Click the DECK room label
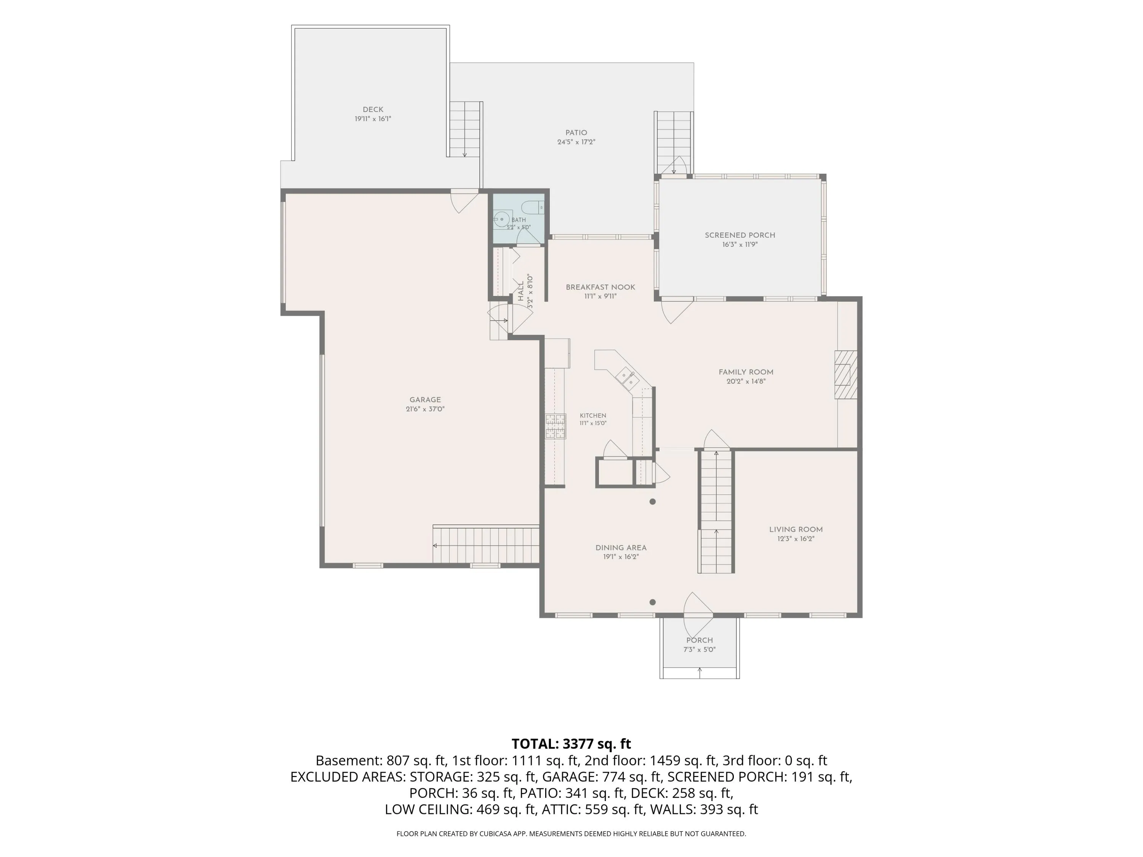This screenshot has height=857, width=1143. (373, 110)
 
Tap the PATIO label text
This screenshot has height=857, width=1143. (576, 133)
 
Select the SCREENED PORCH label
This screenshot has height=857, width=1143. (740, 235)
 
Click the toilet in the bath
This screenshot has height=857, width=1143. (533, 208)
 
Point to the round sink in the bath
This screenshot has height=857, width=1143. (502, 219)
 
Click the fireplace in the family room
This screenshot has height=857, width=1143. (846, 375)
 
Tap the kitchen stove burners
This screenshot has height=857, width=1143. (555, 426)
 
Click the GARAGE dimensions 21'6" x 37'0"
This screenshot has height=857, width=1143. (425, 409)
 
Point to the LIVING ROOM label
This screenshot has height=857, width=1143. (796, 529)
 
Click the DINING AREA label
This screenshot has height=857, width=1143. (621, 548)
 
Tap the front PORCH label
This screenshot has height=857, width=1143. (700, 640)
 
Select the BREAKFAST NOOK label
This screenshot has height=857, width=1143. (600, 287)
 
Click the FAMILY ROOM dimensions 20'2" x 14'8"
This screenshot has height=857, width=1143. (746, 382)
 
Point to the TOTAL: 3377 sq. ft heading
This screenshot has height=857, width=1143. (571, 744)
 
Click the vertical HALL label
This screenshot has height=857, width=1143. (521, 291)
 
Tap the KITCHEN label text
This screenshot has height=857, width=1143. (593, 415)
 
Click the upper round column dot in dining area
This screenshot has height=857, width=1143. (653, 502)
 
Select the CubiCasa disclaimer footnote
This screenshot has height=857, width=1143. (571, 834)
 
